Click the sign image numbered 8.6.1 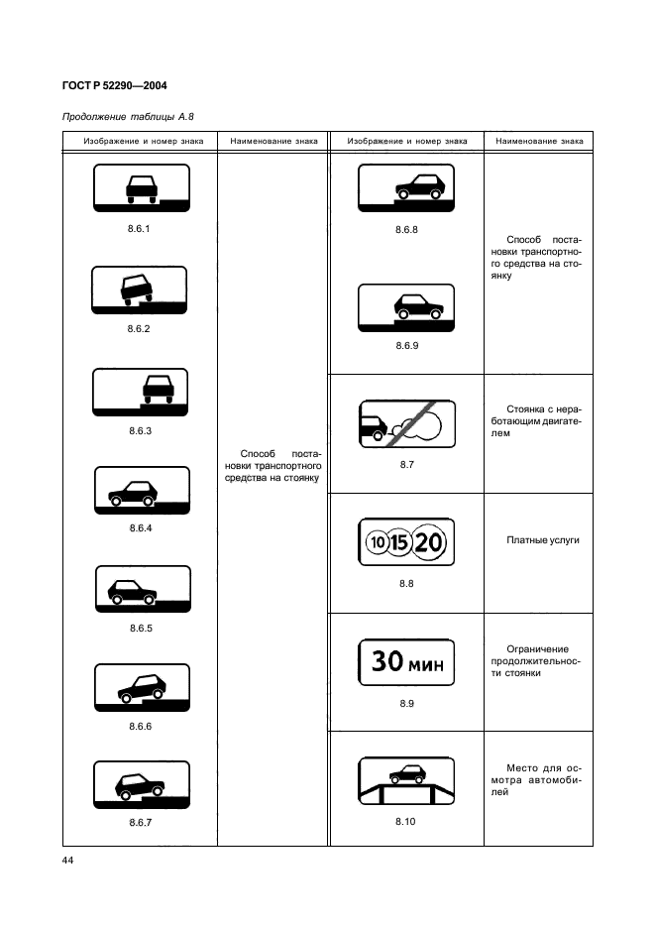coord(142,187)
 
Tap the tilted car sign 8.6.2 coord(139,290)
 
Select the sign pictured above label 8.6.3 coord(141,392)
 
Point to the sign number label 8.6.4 coord(141,527)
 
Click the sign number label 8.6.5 coord(141,628)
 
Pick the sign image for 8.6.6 coord(142,688)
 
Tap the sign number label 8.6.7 coord(141,822)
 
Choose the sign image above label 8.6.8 coord(406,187)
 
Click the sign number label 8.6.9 coord(407,346)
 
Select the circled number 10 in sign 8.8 coord(377,542)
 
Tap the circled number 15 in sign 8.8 coord(400,542)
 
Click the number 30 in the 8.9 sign coord(387,661)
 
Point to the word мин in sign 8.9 coord(426,664)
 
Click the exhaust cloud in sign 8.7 coord(421,423)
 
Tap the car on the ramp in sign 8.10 coord(407,773)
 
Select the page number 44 coord(68,860)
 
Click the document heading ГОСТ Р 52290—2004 coord(115,86)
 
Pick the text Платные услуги coord(543,540)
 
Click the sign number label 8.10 coord(406,822)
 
